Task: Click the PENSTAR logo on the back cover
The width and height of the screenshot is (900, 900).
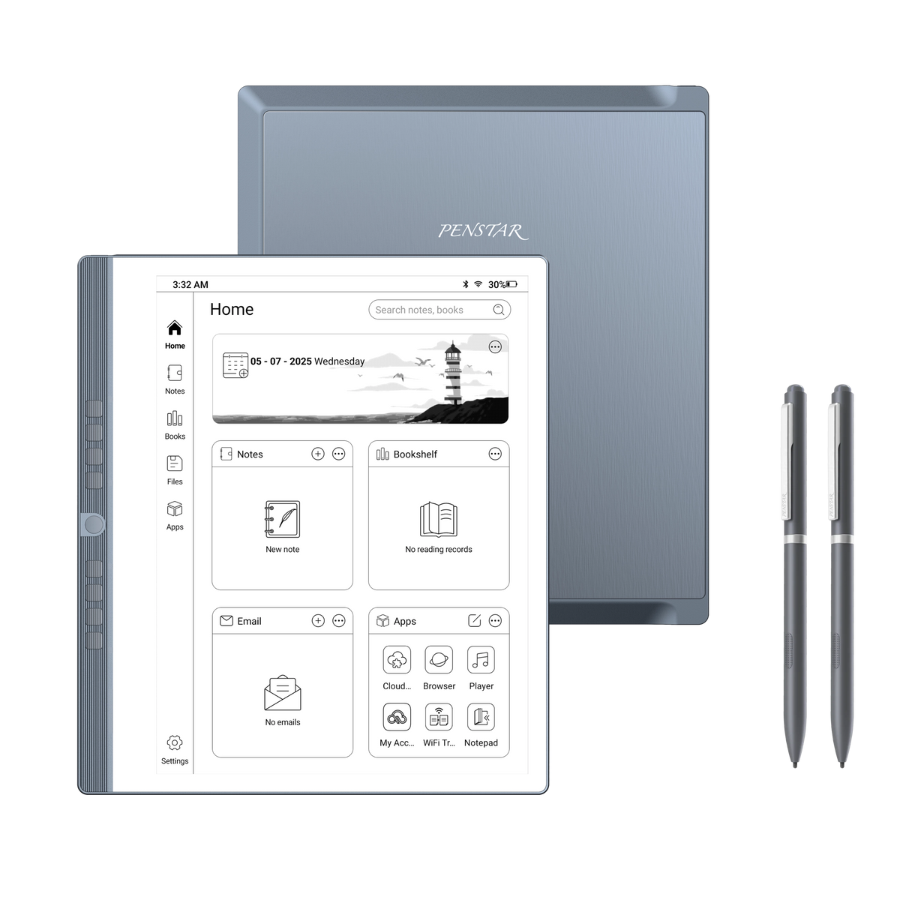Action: click(x=483, y=230)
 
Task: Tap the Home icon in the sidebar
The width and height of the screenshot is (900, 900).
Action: click(x=175, y=328)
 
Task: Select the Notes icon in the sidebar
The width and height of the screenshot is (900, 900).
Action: click(x=175, y=373)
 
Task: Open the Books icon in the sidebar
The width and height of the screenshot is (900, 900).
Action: click(x=175, y=418)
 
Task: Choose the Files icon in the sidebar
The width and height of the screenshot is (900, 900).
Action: click(x=175, y=464)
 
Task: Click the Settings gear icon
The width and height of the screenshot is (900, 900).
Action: click(x=175, y=743)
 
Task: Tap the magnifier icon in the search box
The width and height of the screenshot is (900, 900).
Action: click(x=499, y=310)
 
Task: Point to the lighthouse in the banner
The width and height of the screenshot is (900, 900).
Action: click(x=453, y=375)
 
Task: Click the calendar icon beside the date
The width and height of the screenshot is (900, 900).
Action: click(x=235, y=365)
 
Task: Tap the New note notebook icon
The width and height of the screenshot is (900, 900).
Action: click(x=282, y=519)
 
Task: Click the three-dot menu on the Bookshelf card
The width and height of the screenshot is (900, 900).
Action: click(x=495, y=454)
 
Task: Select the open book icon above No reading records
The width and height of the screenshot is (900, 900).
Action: click(x=439, y=519)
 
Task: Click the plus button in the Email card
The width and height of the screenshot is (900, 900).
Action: click(x=318, y=621)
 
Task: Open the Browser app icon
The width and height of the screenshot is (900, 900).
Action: click(x=439, y=660)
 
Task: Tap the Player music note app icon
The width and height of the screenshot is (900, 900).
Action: click(x=481, y=660)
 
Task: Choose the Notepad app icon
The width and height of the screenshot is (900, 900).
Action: click(x=481, y=717)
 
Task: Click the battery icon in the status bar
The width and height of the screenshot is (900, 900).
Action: click(x=512, y=285)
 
